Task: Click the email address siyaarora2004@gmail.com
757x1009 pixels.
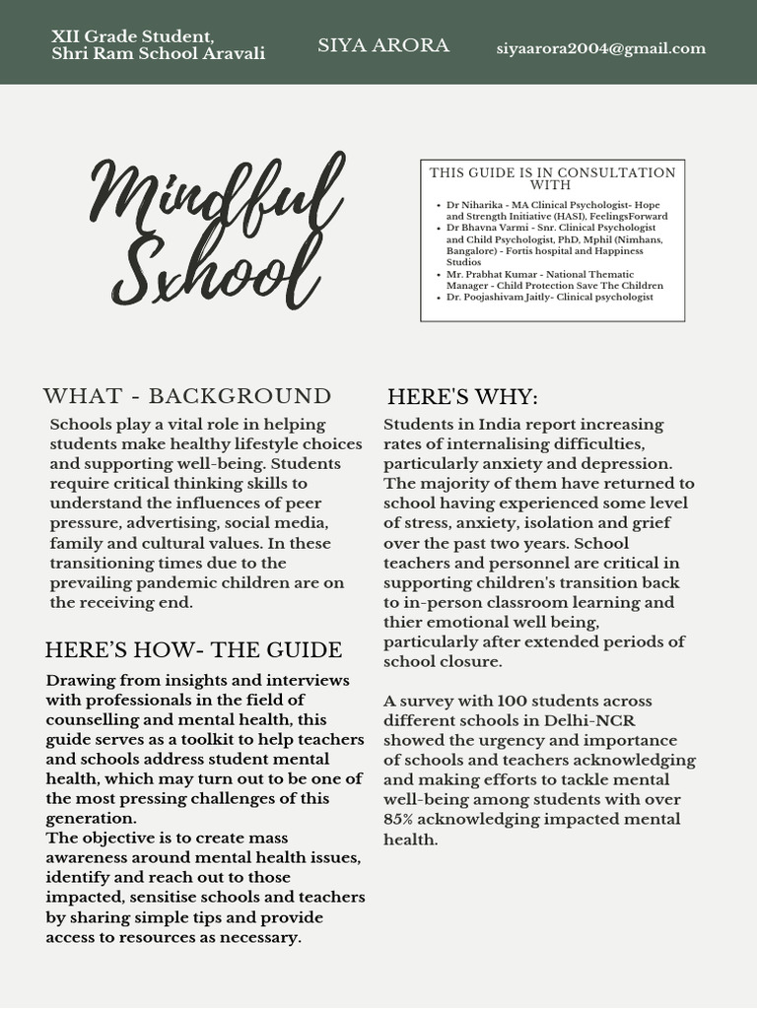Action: tap(600, 48)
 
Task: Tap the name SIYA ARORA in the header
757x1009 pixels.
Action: tap(383, 45)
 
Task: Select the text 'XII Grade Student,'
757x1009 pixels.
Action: tap(133, 36)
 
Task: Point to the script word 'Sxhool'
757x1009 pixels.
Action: tap(217, 269)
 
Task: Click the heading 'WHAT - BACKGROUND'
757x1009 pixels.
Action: tap(187, 396)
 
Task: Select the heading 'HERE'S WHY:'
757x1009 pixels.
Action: tap(462, 397)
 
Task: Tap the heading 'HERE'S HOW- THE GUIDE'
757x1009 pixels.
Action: tap(193, 650)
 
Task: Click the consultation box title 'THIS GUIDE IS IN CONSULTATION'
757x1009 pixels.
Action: tap(552, 172)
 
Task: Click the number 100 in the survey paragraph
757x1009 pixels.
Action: tap(513, 702)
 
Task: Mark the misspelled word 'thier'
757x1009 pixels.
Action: tap(403, 622)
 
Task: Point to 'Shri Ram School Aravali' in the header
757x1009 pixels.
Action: tap(158, 54)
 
